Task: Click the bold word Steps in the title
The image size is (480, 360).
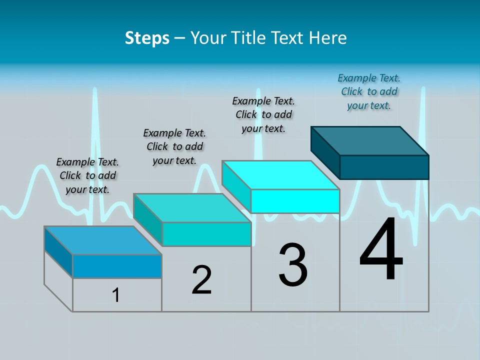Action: pos(147,38)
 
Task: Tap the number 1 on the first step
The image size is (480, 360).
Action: pos(116,295)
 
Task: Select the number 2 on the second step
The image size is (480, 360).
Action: pos(202,280)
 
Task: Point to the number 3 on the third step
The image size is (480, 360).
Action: pos(293,265)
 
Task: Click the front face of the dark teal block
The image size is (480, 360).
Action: pos(384,167)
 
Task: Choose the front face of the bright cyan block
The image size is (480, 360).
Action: pos(295,201)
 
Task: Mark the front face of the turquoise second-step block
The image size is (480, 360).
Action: pos(206,234)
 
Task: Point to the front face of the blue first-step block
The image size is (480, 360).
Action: pos(117,266)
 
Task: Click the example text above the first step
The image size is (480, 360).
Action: pos(87,175)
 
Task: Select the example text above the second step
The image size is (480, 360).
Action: pos(174,146)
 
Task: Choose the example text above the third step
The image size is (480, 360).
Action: pos(263,114)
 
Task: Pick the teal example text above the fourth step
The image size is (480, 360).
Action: pos(369,91)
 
